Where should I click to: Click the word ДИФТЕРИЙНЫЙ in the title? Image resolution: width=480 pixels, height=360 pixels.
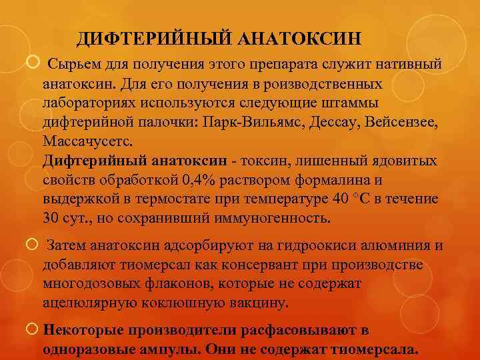point(153,39)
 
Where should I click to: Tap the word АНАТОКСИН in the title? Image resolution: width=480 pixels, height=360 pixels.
point(299,39)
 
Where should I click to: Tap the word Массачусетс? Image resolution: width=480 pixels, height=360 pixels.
point(87,142)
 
